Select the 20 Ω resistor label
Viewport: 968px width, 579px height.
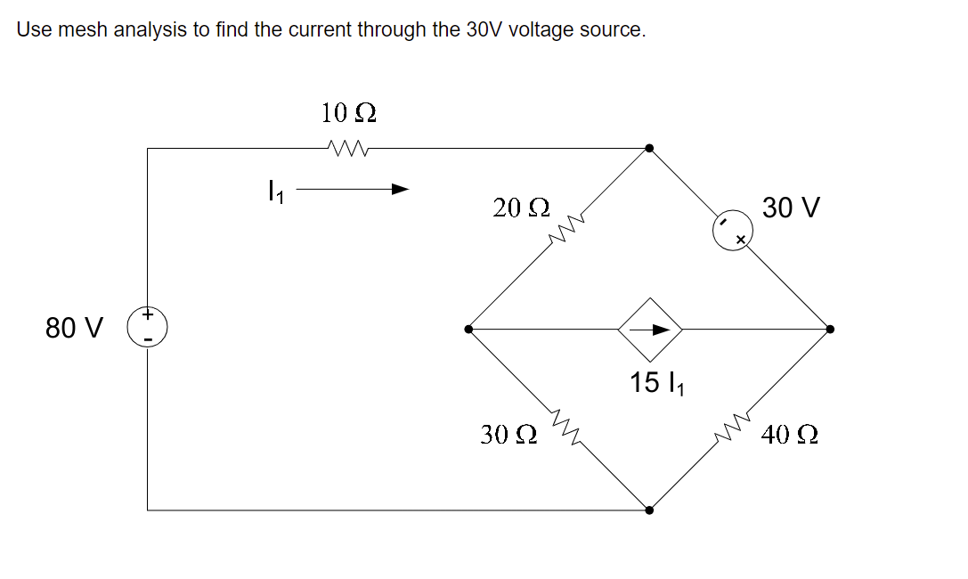coord(521,208)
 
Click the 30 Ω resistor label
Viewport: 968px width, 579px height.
coord(508,435)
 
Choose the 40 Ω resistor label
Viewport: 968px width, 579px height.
coord(790,435)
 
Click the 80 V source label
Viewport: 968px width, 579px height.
coord(75,328)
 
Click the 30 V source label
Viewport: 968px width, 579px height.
coord(792,208)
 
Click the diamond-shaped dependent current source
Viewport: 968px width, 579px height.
coord(651,329)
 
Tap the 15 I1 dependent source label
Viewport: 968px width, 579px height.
coord(657,384)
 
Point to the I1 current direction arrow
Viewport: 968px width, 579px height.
coord(353,189)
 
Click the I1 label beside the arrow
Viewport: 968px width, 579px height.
coord(275,191)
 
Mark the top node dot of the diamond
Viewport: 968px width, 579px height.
coord(650,148)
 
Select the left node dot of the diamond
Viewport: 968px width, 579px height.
coord(469,329)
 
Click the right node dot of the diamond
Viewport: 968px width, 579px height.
coord(830,329)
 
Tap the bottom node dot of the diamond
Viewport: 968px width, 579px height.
coord(650,510)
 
